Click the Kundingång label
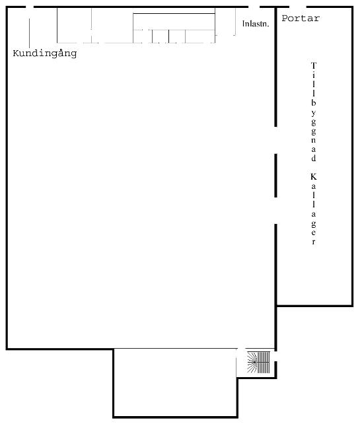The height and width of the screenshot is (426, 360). tap(45, 53)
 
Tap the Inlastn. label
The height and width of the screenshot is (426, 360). tap(256, 24)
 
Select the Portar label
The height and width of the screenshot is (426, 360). tap(301, 18)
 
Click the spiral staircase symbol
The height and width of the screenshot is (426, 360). tap(258, 362)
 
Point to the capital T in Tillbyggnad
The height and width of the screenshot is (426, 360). tap(314, 65)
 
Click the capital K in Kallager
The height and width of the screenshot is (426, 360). tap(314, 176)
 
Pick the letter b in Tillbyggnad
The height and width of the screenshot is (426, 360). tap(314, 102)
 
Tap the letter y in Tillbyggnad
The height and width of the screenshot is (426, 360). tap(314, 113)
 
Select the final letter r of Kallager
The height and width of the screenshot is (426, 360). tap(314, 242)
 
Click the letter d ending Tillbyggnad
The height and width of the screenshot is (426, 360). tap(314, 158)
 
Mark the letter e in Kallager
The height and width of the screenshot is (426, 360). tap(314, 232)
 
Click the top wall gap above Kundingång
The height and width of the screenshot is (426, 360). tap(30, 7)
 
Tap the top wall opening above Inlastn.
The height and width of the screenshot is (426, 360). tap(254, 7)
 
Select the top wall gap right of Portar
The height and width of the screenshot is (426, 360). tap(298, 7)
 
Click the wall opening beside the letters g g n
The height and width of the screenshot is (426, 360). tap(275, 140)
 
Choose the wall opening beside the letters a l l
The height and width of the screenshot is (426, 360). tap(275, 211)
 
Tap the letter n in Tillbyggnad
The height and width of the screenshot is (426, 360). tap(314, 140)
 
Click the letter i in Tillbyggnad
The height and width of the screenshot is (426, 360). tap(314, 75)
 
